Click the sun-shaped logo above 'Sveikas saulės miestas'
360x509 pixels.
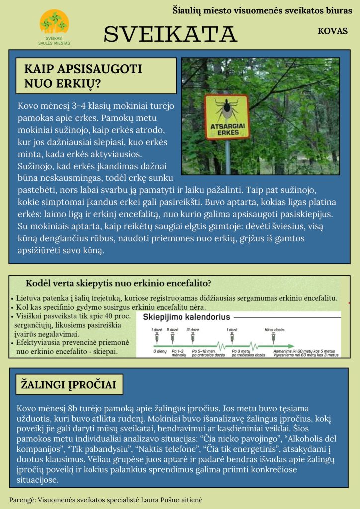point(54,23)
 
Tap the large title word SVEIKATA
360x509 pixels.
point(170,34)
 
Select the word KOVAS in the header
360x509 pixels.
point(332,30)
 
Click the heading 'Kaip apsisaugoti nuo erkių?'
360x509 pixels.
point(83,76)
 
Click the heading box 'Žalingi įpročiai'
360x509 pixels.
point(69,384)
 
